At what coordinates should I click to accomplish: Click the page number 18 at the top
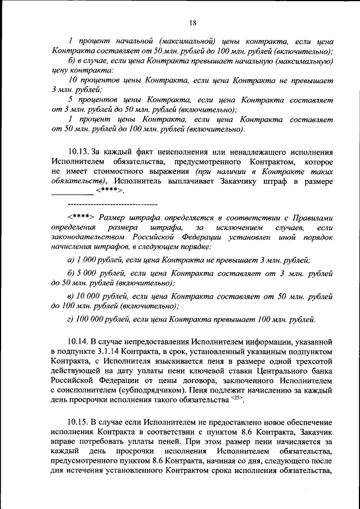point(192,22)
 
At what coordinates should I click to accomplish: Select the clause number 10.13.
point(78,152)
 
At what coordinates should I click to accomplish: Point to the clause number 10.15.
point(78,422)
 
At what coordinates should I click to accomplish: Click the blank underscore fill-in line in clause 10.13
point(72,193)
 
